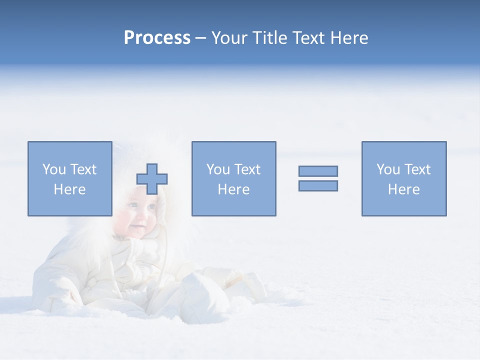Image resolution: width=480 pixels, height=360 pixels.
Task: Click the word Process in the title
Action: (157, 38)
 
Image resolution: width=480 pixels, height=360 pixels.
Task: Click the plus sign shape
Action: (152, 178)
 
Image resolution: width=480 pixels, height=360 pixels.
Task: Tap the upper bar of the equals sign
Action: (318, 171)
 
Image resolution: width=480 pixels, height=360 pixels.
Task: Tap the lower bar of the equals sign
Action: (318, 185)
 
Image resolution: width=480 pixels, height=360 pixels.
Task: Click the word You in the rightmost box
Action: (388, 169)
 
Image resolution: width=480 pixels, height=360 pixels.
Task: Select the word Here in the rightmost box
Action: (403, 189)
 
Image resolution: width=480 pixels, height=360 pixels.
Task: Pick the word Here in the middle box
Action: (233, 189)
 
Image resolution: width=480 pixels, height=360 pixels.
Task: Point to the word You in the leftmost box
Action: (54, 169)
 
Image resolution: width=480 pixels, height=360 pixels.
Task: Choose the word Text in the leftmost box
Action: (83, 169)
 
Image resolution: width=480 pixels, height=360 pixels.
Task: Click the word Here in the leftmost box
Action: (69, 189)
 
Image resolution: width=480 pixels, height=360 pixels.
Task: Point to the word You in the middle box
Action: (218, 169)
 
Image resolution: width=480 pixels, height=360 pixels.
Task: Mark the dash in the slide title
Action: (200, 38)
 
